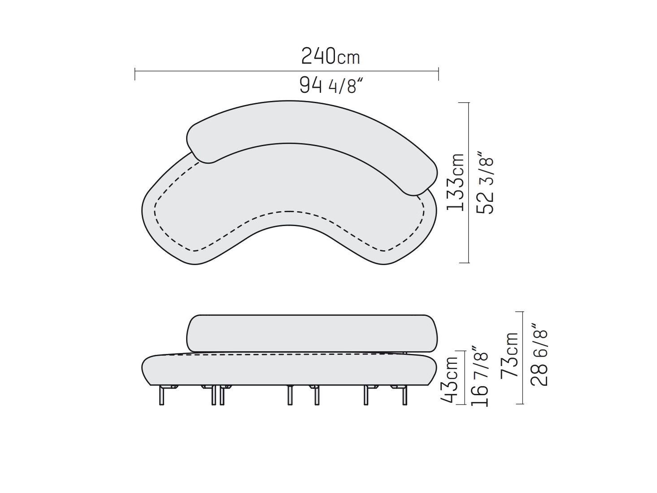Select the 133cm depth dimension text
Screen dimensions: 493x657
tap(456, 181)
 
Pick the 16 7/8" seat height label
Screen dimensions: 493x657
tap(479, 376)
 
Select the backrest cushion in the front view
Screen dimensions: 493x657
tap(312, 333)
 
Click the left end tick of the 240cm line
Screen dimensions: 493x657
tap(135, 74)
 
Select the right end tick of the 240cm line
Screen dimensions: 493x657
tap(438, 74)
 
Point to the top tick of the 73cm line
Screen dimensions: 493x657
tap(520, 312)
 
